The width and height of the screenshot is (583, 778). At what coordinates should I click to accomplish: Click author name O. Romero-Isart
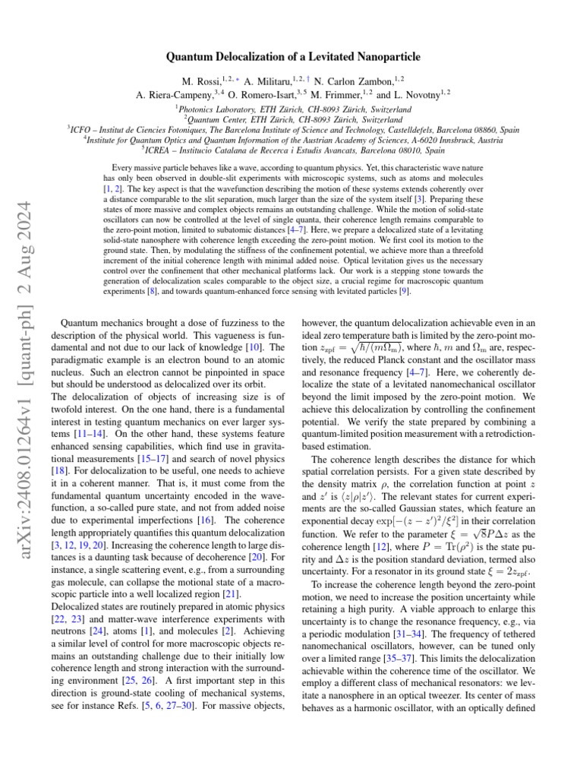tap(273, 95)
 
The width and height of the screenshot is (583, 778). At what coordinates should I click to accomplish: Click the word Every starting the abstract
tap(124, 167)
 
